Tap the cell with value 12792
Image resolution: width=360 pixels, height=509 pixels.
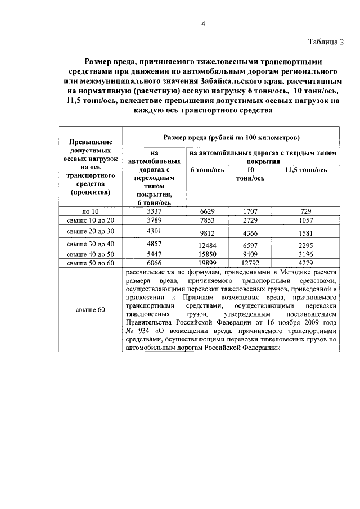pos(251,263)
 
